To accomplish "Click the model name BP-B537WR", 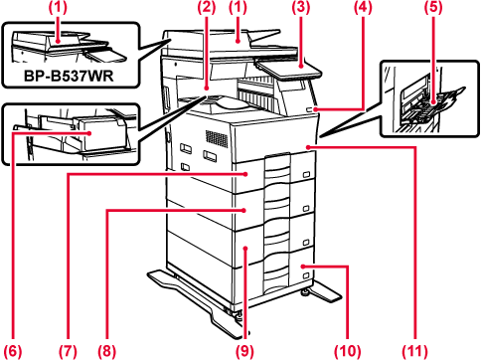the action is (69, 76).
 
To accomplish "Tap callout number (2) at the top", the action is (207, 7).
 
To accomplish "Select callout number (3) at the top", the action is (301, 7).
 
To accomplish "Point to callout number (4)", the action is (363, 7).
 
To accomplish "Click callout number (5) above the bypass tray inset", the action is (433, 7).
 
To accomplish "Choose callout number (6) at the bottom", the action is (13, 351).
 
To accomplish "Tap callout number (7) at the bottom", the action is (68, 351).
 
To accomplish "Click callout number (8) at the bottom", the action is (106, 351).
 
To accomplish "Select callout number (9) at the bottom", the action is (244, 351).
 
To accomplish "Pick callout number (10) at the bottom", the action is (347, 351).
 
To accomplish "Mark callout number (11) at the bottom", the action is (414, 351).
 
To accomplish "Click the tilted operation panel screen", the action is (289, 69).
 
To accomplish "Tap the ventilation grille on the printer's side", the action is (217, 138).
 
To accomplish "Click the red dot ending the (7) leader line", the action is (246, 174).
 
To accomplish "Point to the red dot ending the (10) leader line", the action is (303, 266).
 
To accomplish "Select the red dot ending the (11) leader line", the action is (309, 146).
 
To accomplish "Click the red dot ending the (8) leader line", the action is (244, 210).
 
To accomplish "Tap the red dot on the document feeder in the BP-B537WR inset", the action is (59, 42).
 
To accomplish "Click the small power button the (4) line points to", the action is (309, 109).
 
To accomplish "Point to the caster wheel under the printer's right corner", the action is (303, 292).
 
